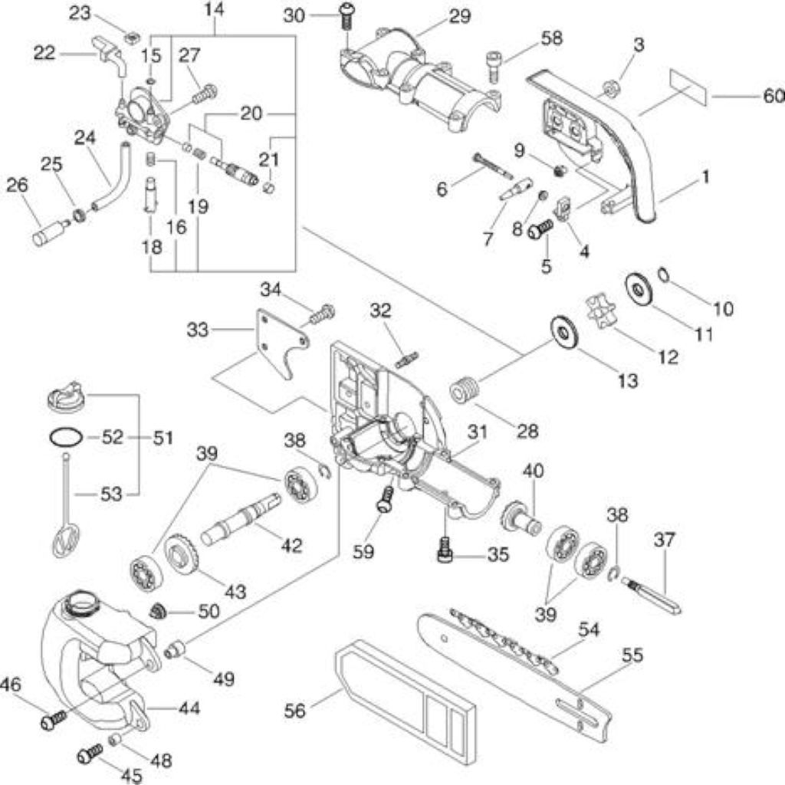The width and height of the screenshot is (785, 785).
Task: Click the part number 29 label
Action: [x=460, y=17]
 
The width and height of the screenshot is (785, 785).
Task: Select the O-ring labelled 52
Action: [x=65, y=437]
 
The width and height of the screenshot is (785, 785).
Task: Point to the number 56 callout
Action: [x=295, y=711]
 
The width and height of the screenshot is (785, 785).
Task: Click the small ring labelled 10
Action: [x=663, y=274]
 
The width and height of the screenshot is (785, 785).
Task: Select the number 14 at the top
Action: [x=215, y=9]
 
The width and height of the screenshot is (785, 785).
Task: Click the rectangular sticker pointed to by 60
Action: [x=688, y=87]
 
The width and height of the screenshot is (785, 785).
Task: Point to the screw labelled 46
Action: [x=54, y=720]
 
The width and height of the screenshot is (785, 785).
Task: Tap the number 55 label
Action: [x=632, y=655]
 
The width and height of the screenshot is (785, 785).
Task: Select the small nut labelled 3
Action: [x=609, y=90]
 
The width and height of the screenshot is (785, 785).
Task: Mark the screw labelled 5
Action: [x=540, y=228]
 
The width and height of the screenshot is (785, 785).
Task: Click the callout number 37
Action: [x=664, y=540]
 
